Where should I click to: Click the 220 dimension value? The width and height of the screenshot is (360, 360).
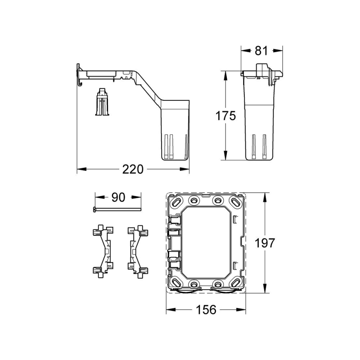click(x=133, y=170)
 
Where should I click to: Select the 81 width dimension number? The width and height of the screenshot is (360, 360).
click(x=261, y=51)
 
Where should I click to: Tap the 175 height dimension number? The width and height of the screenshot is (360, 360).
click(x=226, y=116)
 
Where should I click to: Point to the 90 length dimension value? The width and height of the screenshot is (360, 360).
click(x=118, y=197)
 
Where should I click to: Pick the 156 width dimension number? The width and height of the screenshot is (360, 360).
click(x=206, y=309)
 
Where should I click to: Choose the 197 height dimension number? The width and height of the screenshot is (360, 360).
click(x=265, y=243)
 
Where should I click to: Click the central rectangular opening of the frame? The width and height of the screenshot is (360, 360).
click(x=206, y=242)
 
